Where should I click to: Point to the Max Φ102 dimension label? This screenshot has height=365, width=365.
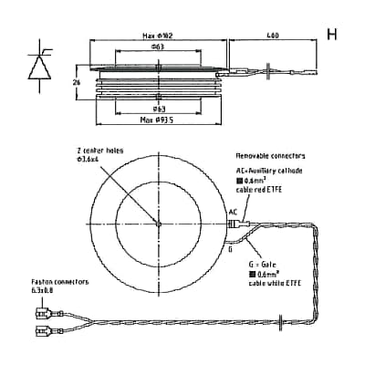[157, 37]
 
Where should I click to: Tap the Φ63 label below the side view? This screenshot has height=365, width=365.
[157, 109]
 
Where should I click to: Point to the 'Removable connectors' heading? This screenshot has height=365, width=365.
[274, 156]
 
